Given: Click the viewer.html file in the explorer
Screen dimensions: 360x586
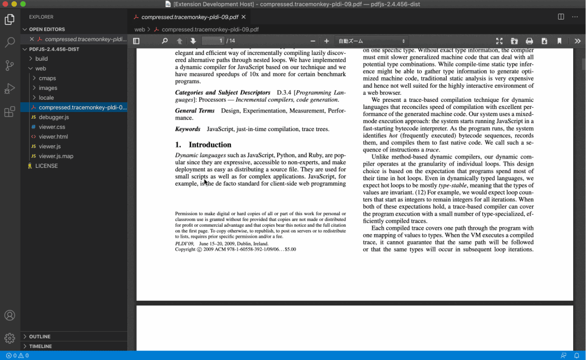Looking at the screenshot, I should coord(53,136).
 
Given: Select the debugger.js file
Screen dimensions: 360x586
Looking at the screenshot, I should coord(54,117).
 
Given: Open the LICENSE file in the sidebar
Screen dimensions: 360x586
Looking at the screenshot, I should coord(46,166).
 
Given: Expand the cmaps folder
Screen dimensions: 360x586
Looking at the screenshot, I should coord(47,78).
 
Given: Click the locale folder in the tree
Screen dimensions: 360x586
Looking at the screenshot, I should coord(46,98).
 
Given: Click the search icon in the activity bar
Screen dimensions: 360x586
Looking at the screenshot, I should coord(9,42).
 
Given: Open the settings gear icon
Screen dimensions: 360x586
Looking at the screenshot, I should coord(9,338).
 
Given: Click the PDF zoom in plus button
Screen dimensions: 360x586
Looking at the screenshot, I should coord(326,41).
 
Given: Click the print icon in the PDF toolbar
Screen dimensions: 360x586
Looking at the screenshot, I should coord(529,41).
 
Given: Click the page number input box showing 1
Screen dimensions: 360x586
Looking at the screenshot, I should coord(213,41).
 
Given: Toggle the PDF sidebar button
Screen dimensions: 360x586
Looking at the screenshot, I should coord(136,41).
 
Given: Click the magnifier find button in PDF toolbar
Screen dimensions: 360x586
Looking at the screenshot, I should coord(165,41).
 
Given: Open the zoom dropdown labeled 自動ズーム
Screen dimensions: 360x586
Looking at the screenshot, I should coord(371,41).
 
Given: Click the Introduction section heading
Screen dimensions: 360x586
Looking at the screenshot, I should coord(209,145).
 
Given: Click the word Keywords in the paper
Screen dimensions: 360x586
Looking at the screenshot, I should coord(188,129).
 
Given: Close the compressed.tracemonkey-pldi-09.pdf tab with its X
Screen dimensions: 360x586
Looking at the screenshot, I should coord(244,17).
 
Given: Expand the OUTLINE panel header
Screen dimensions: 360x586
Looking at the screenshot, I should coord(40,336).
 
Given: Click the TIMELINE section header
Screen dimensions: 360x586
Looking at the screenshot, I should coord(40,346).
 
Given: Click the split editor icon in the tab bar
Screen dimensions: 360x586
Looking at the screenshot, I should coord(561,17).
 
